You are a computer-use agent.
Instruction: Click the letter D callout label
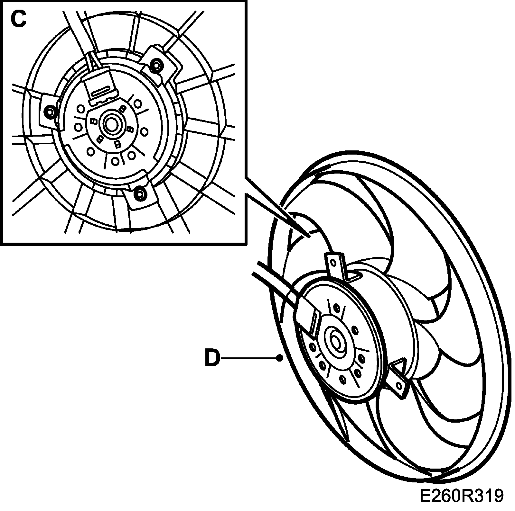coord(212,358)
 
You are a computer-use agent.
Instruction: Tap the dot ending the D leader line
coord(281,357)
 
